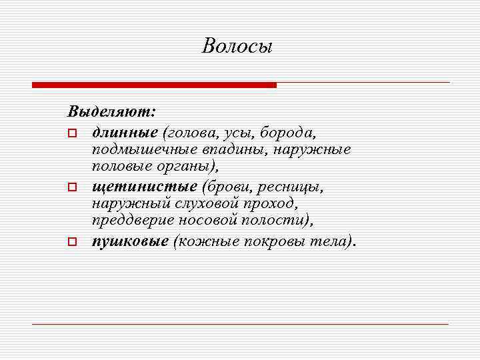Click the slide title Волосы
(237, 47)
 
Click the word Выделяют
(111, 107)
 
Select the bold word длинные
(123, 127)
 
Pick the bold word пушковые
(130, 242)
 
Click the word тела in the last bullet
(330, 242)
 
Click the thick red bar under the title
(154, 85)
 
